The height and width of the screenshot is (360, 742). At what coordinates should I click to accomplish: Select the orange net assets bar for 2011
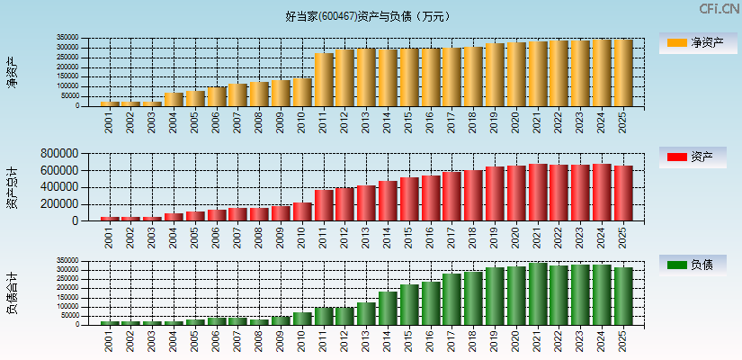(324, 80)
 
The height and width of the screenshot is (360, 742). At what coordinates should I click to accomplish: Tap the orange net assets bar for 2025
(623, 73)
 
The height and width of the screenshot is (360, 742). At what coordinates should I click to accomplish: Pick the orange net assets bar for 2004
(174, 99)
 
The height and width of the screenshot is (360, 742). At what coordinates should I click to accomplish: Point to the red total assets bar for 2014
(388, 201)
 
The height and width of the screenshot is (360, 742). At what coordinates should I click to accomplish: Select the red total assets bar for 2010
(302, 211)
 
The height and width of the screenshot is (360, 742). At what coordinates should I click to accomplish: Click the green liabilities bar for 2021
(538, 294)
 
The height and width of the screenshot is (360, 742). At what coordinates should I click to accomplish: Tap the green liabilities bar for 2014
(388, 308)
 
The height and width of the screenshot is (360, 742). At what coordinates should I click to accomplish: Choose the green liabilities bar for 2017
(451, 299)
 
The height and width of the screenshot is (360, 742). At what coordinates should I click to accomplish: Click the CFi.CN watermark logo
(720, 9)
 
